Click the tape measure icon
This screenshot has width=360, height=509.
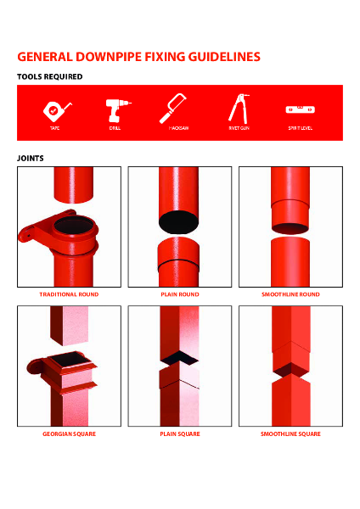tap(53, 109)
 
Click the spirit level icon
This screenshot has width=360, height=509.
tap(299, 109)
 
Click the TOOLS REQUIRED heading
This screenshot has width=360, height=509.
tap(49, 76)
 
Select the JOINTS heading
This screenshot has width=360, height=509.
tap(31, 158)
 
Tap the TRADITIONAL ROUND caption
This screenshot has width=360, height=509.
tap(69, 294)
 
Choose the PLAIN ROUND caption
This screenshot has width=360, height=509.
tap(179, 294)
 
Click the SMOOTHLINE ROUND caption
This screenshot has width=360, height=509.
tap(290, 294)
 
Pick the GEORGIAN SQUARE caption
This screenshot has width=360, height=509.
tap(69, 433)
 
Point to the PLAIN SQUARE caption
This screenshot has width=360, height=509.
tap(179, 433)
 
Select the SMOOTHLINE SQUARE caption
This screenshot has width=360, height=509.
tap(290, 433)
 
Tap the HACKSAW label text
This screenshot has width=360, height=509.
tap(178, 128)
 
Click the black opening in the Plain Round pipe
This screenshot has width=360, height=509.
tap(179, 222)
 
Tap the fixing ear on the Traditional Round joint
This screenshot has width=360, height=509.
tap(31, 227)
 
